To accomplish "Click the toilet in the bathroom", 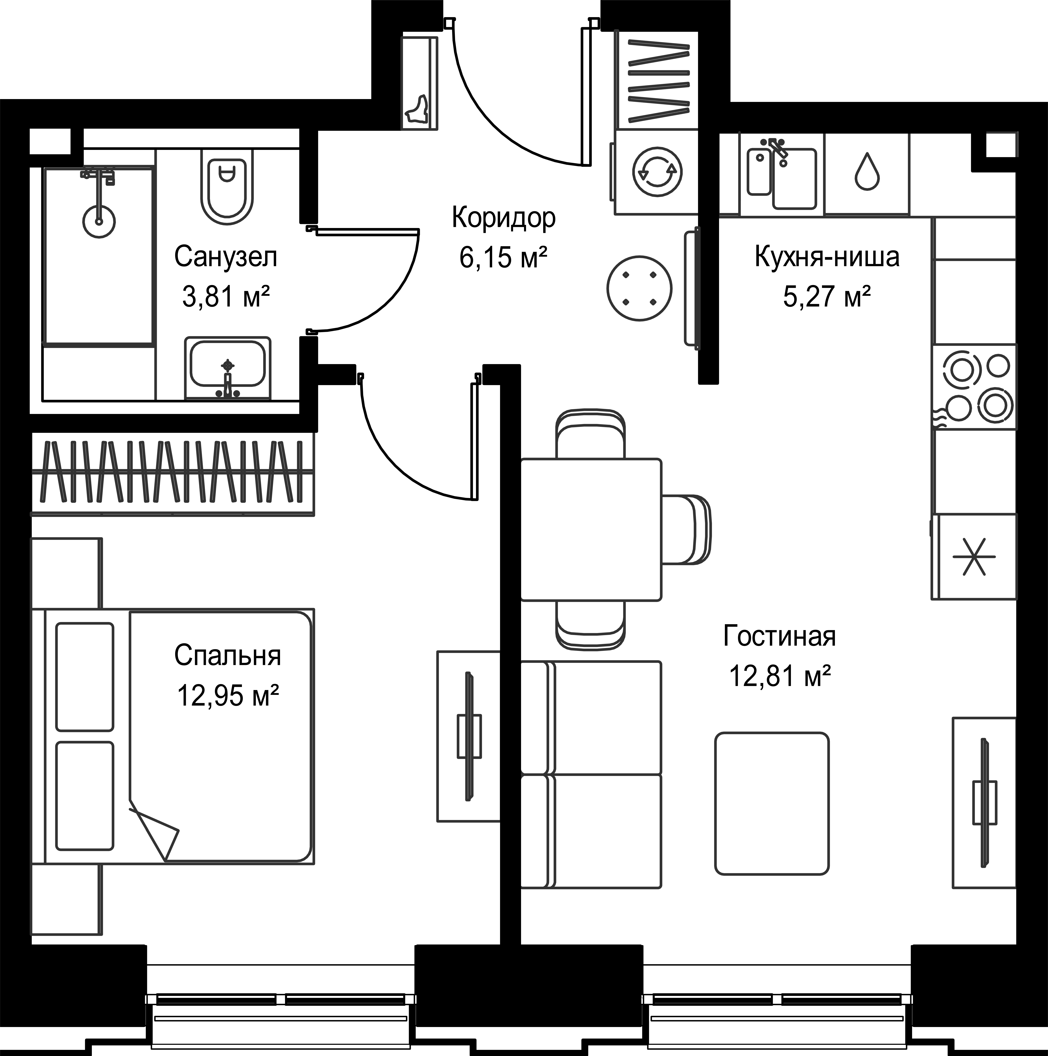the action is coord(227,186).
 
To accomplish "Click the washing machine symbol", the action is coord(657,172).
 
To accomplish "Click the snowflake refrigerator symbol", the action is coord(974,556).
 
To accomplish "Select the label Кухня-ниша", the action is coord(827,257).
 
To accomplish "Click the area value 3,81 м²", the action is coord(226,297).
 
